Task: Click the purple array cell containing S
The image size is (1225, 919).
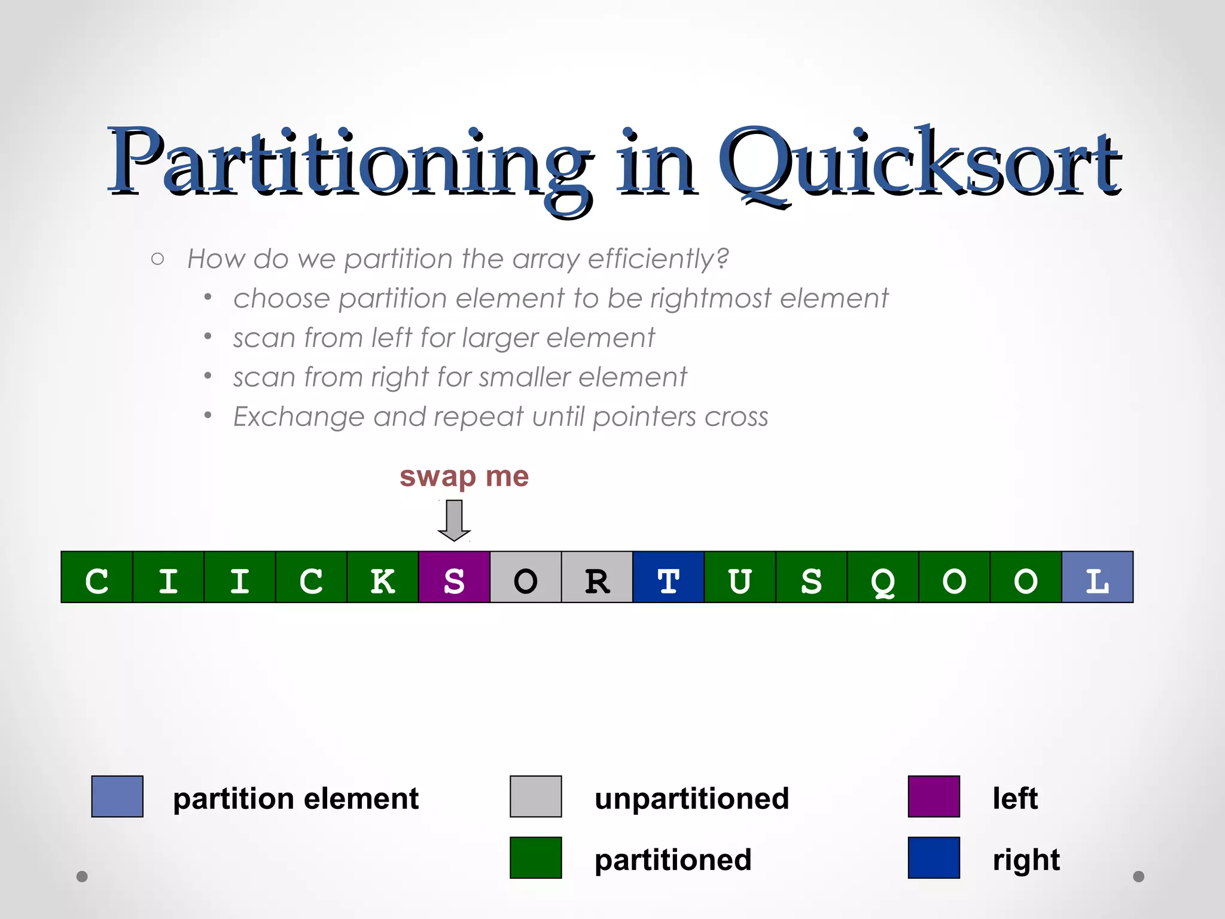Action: tap(454, 577)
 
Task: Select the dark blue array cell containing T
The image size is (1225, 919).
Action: tap(668, 577)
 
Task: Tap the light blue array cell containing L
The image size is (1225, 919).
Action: tap(1097, 577)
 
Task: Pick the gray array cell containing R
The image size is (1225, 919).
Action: tap(597, 577)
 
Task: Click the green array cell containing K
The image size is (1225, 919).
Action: tap(383, 577)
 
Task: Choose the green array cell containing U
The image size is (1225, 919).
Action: tap(740, 577)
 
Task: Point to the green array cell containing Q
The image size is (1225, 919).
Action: tap(883, 577)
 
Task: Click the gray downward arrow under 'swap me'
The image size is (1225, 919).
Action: tap(455, 520)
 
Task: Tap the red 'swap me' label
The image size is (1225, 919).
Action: tap(464, 477)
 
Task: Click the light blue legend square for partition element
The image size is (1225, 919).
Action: tap(117, 796)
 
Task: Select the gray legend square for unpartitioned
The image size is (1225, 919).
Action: tap(535, 796)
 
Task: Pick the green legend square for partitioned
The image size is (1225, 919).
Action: tap(535, 857)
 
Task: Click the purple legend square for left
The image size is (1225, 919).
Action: tap(934, 796)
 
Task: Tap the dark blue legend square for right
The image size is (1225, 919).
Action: tap(934, 857)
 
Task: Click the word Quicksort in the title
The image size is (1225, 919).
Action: tap(918, 165)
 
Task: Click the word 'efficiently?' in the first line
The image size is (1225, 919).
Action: tap(658, 259)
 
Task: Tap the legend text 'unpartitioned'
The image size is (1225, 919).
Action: tap(691, 799)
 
